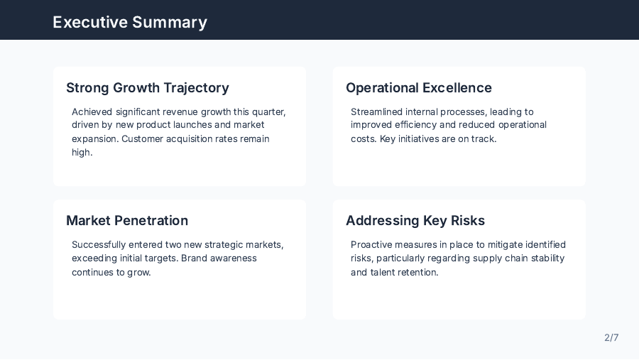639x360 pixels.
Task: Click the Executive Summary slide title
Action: [130, 22]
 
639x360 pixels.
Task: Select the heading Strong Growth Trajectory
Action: [148, 88]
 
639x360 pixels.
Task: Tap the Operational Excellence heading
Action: [419, 88]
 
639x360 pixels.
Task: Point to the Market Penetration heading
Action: [127, 221]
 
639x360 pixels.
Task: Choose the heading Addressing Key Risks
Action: [415, 221]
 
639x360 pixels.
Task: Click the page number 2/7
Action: [611, 337]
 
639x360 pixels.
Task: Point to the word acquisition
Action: [191, 139]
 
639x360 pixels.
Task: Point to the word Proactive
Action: [373, 245]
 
